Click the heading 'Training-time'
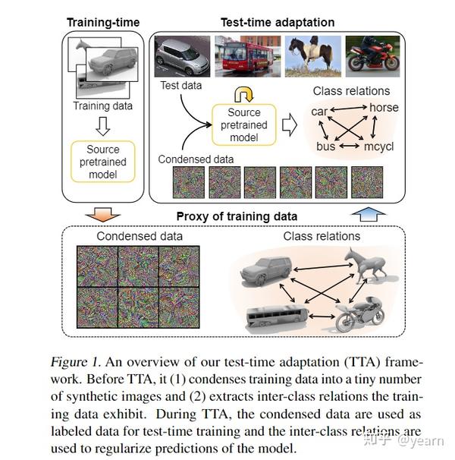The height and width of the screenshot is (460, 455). pyautogui.click(x=102, y=22)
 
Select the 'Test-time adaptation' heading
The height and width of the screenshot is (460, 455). pyautogui.click(x=278, y=22)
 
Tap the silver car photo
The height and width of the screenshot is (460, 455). pyautogui.click(x=183, y=56)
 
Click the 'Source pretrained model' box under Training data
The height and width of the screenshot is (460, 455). pyautogui.click(x=103, y=162)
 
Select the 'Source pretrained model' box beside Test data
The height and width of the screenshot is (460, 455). pyautogui.click(x=244, y=126)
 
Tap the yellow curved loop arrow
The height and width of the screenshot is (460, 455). pyautogui.click(x=244, y=94)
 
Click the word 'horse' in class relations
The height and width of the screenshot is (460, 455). pyautogui.click(x=384, y=109)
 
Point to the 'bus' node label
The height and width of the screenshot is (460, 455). pyautogui.click(x=325, y=146)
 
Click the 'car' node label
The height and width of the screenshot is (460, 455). pyautogui.click(x=319, y=112)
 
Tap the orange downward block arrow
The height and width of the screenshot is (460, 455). pyautogui.click(x=104, y=215)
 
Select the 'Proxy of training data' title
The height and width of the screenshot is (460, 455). pyautogui.click(x=237, y=216)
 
